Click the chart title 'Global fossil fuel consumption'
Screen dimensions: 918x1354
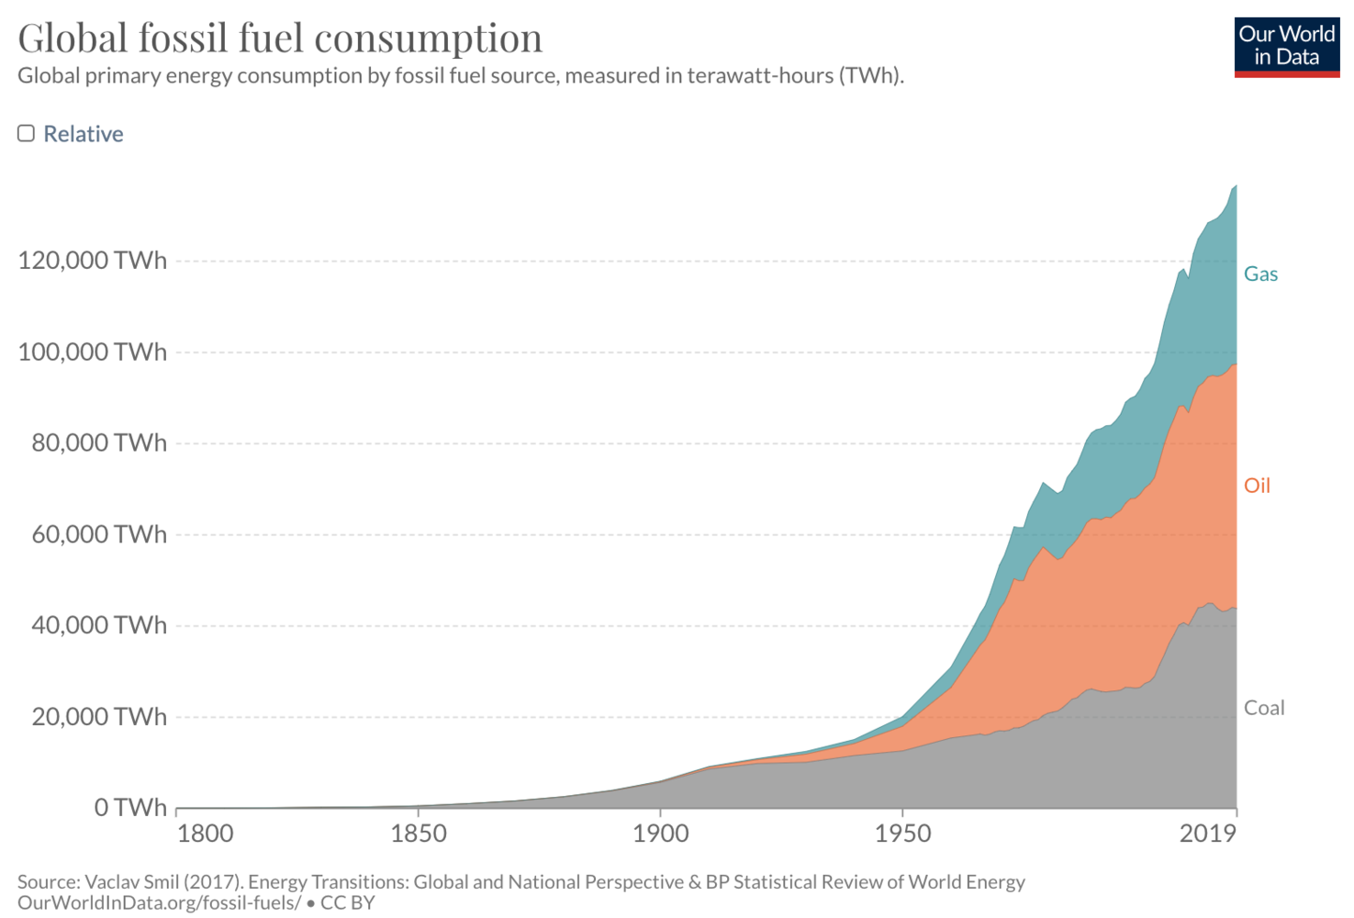click(x=280, y=39)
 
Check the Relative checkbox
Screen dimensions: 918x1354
click(x=27, y=133)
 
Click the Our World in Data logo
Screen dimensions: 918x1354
click(x=1286, y=46)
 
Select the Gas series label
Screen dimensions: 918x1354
click(x=1260, y=274)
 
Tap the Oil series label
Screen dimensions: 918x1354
click(x=1257, y=486)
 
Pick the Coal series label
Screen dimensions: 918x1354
click(x=1263, y=708)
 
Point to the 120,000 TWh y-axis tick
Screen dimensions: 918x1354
click(x=92, y=261)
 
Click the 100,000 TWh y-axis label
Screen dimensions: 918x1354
click(x=92, y=352)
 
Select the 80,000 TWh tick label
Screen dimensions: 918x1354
click(x=98, y=442)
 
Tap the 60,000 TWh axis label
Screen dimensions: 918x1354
click(x=98, y=534)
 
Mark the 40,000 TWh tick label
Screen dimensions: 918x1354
click(x=98, y=625)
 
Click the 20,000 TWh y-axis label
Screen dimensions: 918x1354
click(x=98, y=716)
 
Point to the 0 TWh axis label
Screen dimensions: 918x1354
click(x=130, y=807)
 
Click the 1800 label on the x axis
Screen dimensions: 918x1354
click(x=205, y=834)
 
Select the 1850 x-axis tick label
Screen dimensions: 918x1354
click(x=419, y=834)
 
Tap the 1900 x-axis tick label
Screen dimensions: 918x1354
click(x=660, y=834)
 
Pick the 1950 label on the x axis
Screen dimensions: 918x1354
click(x=902, y=834)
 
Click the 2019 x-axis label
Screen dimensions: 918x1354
click(x=1208, y=834)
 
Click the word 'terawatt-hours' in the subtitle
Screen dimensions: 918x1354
click(x=759, y=75)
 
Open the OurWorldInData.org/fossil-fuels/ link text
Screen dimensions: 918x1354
click(x=159, y=902)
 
